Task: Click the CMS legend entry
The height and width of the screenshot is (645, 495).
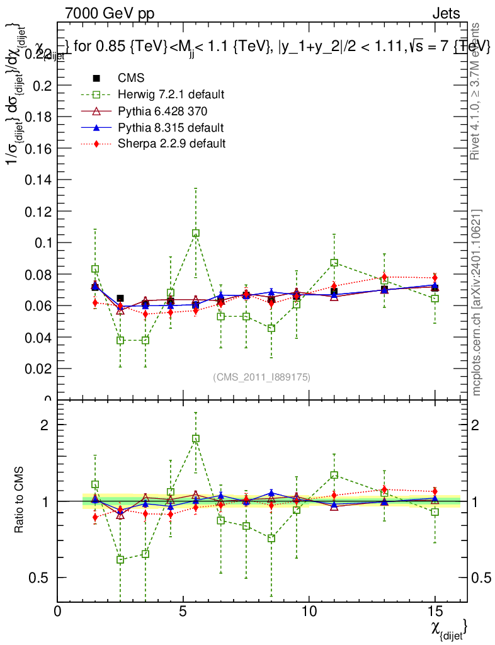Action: (131, 78)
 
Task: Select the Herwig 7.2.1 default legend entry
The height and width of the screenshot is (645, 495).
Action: (171, 94)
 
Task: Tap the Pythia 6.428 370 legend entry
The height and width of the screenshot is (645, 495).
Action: (162, 111)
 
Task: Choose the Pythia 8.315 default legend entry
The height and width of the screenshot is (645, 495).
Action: (171, 127)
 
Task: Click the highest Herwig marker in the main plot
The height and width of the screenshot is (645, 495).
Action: (196, 233)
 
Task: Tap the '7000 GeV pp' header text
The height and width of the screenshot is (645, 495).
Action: (110, 13)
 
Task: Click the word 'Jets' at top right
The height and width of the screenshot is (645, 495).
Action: (446, 13)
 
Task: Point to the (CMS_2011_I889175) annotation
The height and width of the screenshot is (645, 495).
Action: (261, 377)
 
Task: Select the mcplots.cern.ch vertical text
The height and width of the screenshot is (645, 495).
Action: (477, 302)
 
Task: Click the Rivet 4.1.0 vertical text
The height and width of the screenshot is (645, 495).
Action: (477, 91)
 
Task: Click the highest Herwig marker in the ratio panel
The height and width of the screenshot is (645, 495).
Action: (196, 438)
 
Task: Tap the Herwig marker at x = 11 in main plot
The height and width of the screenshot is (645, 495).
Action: (334, 263)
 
